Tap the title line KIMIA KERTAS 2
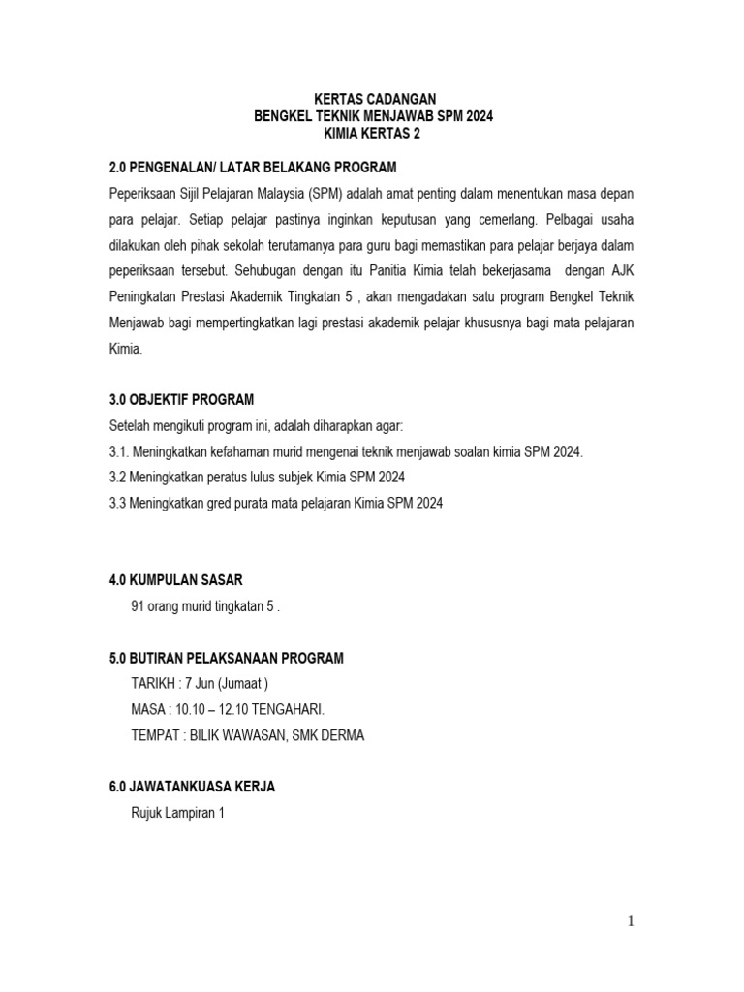373,135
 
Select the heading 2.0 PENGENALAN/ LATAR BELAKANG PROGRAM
253,167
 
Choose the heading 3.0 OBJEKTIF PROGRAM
195,400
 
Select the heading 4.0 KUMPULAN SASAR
175,580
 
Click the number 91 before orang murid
138,606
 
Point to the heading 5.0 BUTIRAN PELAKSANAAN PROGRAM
227,659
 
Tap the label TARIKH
152,684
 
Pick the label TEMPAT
155,735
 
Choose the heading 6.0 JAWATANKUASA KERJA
192,788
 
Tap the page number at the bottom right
630,921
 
